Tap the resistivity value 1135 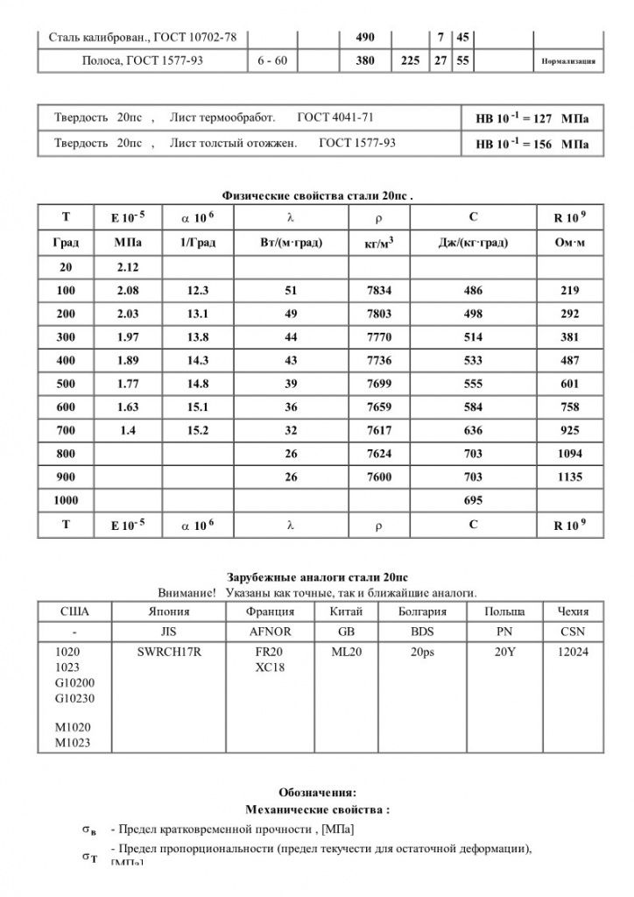(570, 477)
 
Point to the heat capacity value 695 (472, 501)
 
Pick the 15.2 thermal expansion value (197, 430)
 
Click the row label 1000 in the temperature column (67, 501)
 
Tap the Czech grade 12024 (573, 653)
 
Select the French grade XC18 (267, 667)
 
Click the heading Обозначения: (317, 793)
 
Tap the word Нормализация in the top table (569, 62)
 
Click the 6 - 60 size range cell (273, 60)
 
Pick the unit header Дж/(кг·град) (472, 243)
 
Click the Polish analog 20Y (504, 653)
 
